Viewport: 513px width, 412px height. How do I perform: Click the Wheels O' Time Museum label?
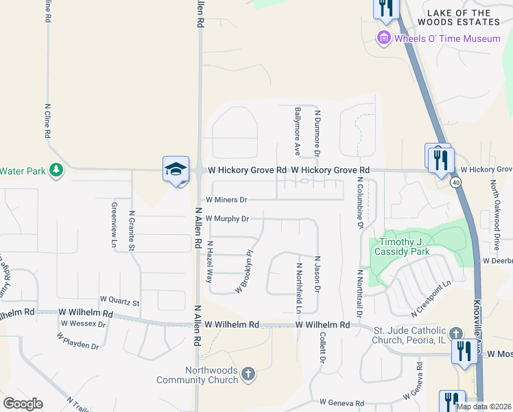(447, 38)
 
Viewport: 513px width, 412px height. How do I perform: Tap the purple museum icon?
(384, 38)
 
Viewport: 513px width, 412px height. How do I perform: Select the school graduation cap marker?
(175, 169)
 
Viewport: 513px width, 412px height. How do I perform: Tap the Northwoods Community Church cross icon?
(248, 374)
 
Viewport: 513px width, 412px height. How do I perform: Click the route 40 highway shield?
(455, 183)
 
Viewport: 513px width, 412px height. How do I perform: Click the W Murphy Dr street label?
(226, 219)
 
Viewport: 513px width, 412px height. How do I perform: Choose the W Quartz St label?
(119, 301)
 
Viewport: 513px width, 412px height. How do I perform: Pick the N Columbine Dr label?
(359, 202)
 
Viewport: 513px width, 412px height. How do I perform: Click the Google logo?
(23, 403)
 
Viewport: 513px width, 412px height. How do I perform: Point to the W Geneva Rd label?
(342, 402)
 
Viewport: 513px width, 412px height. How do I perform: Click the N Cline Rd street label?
(48, 122)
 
